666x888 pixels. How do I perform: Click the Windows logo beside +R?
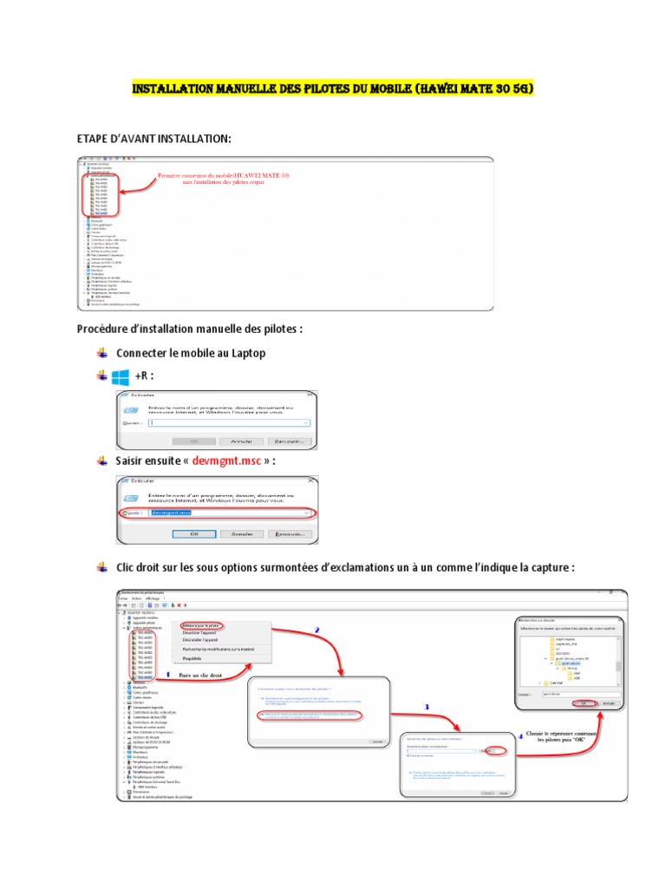120,377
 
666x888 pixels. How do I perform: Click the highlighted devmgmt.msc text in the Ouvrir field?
171,513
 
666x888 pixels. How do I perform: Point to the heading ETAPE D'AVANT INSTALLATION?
154,139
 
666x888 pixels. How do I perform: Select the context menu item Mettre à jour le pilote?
201,625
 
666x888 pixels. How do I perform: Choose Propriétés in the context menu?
192,658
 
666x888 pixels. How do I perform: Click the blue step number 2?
317,630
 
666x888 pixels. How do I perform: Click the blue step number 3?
426,707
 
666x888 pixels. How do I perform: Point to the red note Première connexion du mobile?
224,175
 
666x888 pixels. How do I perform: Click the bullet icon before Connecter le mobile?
102,353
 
